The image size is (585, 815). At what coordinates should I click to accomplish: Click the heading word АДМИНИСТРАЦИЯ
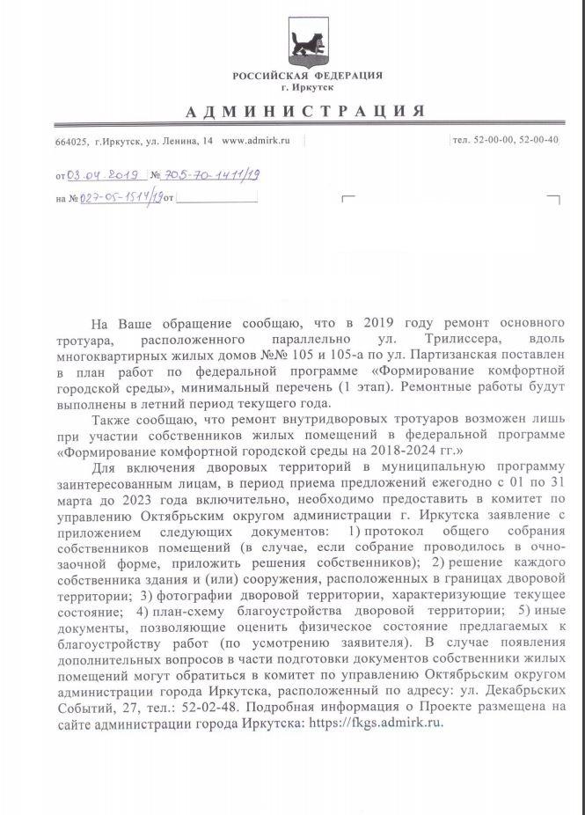tap(306, 111)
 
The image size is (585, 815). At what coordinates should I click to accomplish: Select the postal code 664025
tap(71, 142)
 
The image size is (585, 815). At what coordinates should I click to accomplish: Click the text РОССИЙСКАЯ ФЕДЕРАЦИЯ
tap(307, 76)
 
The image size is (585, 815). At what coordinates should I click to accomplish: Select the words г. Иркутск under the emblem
tap(308, 87)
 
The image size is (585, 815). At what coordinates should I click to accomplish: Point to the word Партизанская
tap(432, 355)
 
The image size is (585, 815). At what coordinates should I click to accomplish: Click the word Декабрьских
tap(523, 690)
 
